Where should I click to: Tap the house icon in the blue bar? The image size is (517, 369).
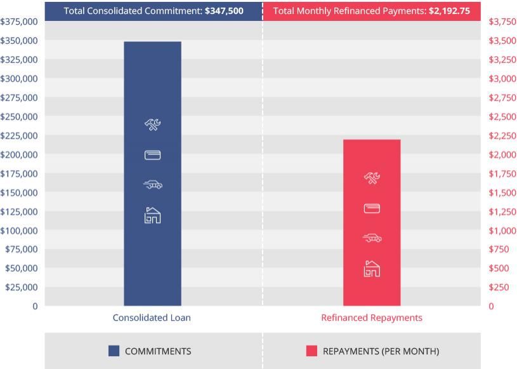pyautogui.click(x=152, y=215)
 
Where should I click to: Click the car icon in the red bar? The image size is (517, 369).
pyautogui.click(x=372, y=238)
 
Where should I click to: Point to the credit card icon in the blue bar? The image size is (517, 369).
pyautogui.click(x=152, y=155)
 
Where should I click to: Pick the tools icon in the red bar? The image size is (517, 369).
pyautogui.click(x=372, y=178)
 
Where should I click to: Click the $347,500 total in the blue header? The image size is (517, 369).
pyautogui.click(x=224, y=11)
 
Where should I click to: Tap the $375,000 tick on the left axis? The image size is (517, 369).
pyautogui.click(x=19, y=22)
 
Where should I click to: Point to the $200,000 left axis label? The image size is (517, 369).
pyautogui.click(x=19, y=154)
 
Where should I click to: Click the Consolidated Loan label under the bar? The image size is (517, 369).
pyautogui.click(x=152, y=318)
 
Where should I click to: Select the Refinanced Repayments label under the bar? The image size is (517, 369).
pyautogui.click(x=372, y=318)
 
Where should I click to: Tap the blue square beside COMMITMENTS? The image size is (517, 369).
pyautogui.click(x=114, y=351)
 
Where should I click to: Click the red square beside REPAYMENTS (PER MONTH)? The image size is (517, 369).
pyautogui.click(x=311, y=351)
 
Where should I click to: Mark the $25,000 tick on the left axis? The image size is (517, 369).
pyautogui.click(x=21, y=287)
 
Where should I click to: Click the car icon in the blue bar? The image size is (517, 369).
pyautogui.click(x=152, y=185)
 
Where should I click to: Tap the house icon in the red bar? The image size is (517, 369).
pyautogui.click(x=372, y=269)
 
